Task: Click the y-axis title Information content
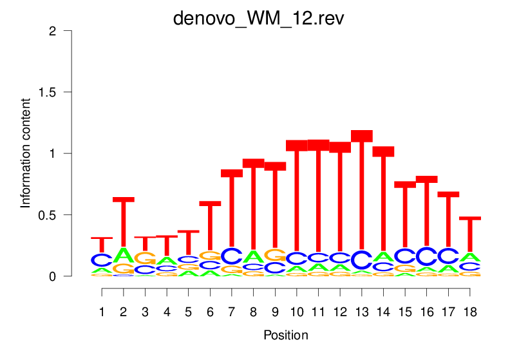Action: (26, 153)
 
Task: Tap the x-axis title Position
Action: (286, 336)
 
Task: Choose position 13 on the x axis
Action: (362, 312)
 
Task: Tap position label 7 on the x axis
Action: (232, 312)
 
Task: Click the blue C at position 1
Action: (102, 260)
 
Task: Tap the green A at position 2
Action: (124, 255)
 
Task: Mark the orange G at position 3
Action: (146, 258)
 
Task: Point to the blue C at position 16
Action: (427, 256)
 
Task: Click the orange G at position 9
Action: (275, 255)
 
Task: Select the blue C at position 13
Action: (362, 260)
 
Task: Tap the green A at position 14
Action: (384, 256)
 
